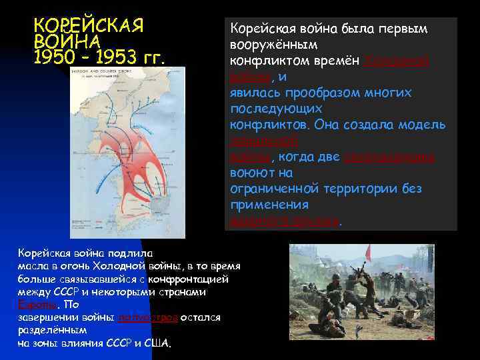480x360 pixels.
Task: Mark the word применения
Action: [269, 205]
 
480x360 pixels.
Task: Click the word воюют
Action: [250, 173]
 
